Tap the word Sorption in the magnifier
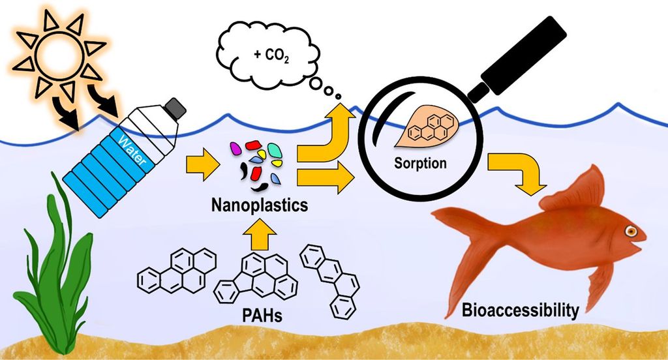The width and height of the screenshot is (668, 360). pos(421,162)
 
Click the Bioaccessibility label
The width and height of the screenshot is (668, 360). pos(520,310)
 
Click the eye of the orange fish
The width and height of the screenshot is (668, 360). pos(631,231)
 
